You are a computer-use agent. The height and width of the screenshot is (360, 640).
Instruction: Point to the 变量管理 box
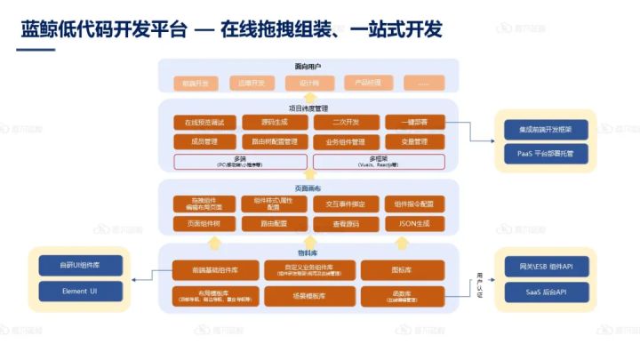414,141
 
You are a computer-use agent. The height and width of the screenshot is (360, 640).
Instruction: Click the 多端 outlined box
240,161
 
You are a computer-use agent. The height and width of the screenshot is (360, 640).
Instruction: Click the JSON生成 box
414,223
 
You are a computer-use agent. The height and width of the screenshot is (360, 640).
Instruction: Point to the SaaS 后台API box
543,290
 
